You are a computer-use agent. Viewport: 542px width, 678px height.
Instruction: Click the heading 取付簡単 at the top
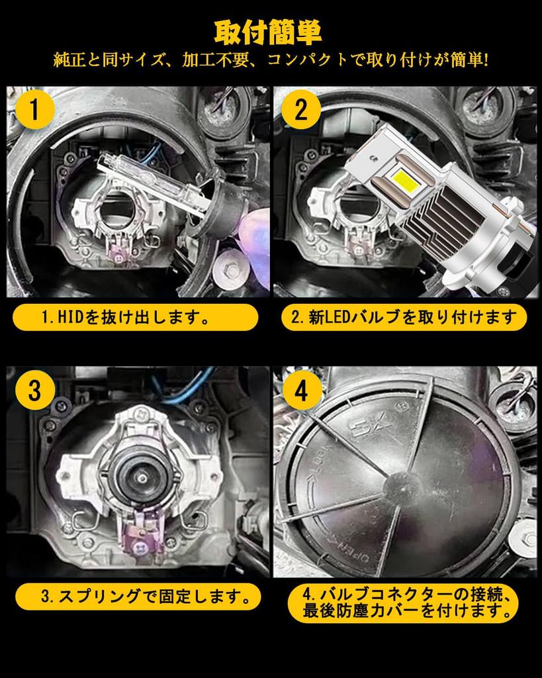pos(268,32)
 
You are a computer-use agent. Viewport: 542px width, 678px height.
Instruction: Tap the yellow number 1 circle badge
pos(34,109)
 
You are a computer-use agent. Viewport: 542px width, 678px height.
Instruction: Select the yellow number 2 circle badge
pos(301,109)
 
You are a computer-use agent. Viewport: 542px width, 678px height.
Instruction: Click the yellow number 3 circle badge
pos(34,390)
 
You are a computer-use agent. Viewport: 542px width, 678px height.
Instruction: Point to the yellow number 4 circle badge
pos(301,390)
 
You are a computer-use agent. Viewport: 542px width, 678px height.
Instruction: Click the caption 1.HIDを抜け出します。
pos(126,318)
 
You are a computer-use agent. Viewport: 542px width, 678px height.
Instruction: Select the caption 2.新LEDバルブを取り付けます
pos(404,318)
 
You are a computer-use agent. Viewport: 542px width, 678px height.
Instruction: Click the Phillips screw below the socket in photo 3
pos(140,547)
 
